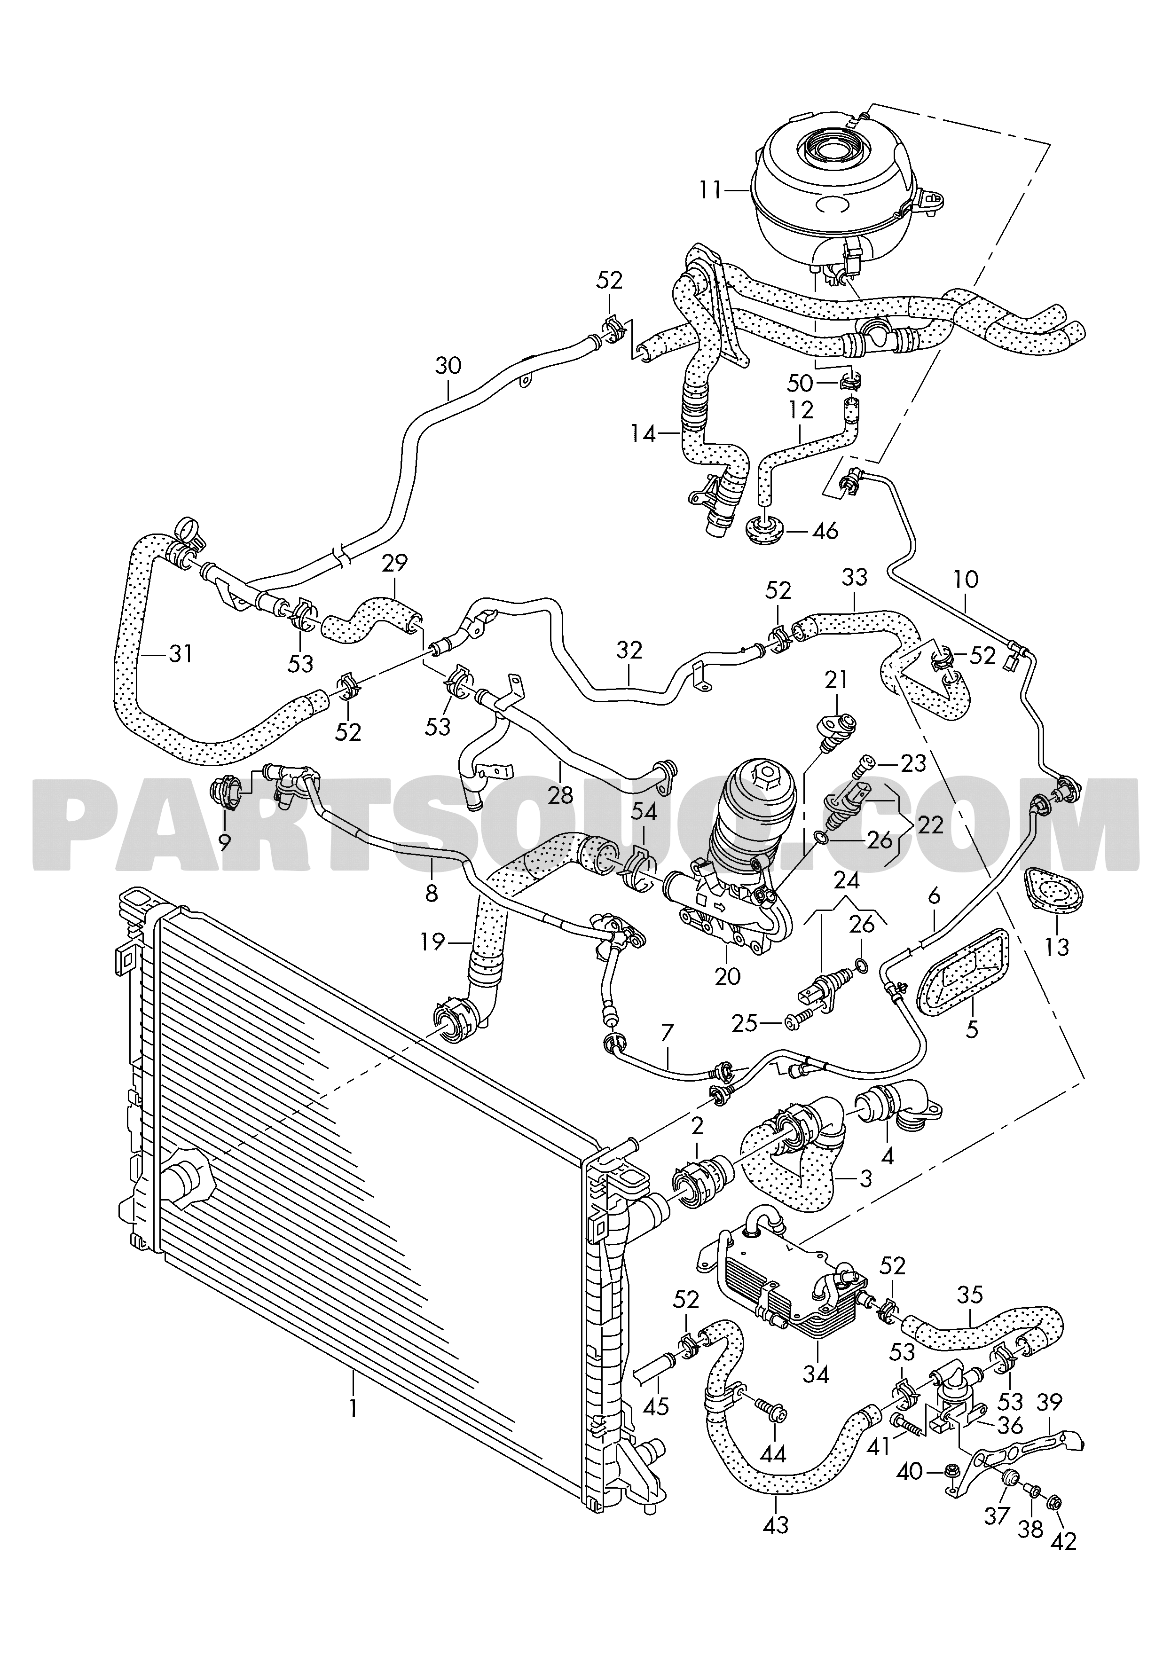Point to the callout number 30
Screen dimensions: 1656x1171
[448, 366]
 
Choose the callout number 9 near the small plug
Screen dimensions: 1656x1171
[224, 841]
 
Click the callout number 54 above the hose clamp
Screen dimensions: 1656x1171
[644, 812]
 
